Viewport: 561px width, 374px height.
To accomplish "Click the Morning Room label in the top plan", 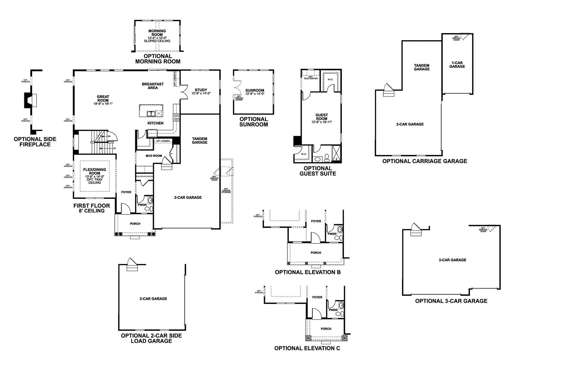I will click(x=157, y=33).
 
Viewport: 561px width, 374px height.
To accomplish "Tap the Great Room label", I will click(x=103, y=98).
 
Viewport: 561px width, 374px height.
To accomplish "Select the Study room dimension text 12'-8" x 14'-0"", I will click(x=201, y=93).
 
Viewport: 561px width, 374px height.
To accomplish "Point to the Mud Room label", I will click(x=154, y=156).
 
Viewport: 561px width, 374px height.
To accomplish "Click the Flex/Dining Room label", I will click(x=95, y=171).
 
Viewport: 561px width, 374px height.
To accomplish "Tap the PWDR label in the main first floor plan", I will click(x=142, y=205).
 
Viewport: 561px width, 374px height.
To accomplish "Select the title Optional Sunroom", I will click(x=253, y=122).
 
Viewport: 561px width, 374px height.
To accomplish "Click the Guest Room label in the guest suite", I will click(x=322, y=117).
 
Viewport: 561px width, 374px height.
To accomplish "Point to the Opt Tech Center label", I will click(x=310, y=78).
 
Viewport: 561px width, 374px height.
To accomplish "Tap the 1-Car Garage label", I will click(x=457, y=65).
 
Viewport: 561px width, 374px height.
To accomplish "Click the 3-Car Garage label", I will click(x=452, y=260).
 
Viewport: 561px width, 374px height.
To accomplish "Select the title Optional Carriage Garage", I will click(x=424, y=161).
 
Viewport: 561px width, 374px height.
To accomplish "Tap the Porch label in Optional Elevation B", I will click(x=316, y=253).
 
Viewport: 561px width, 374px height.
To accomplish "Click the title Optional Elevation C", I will click(x=307, y=348).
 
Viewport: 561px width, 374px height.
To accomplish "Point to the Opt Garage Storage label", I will click(x=226, y=190).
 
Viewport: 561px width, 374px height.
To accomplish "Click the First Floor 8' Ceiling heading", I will click(x=92, y=208).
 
